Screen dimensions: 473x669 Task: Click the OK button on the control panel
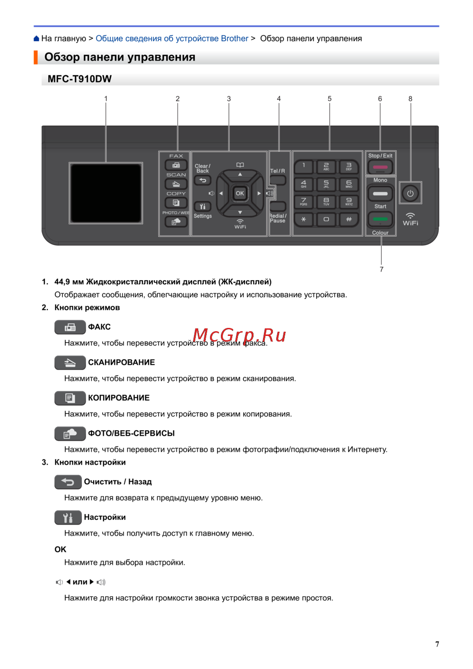tap(239, 193)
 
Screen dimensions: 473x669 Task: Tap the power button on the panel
tap(410, 193)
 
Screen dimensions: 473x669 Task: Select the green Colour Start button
tap(380, 220)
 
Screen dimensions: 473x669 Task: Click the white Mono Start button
tap(380, 194)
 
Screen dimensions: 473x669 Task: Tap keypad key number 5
tap(326, 184)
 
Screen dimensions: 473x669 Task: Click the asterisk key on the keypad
tap(303, 220)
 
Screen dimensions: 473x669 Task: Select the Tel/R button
tap(278, 180)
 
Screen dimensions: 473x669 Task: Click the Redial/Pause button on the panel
tap(278, 206)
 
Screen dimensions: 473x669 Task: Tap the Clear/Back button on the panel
tap(202, 180)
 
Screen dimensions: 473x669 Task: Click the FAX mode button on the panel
tap(176, 165)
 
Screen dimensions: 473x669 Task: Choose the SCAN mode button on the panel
tap(176, 184)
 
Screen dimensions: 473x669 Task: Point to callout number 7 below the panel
tap(381, 269)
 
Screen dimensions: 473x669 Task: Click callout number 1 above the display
tap(105, 98)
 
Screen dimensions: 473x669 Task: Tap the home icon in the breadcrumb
tap(36, 38)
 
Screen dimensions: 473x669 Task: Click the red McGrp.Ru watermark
tap(239, 335)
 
